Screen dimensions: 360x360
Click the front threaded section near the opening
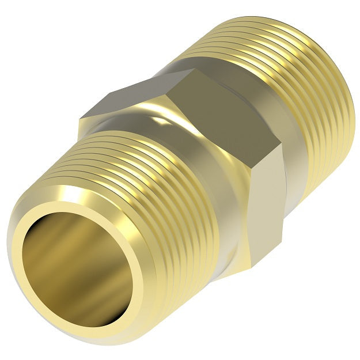click(x=144, y=190)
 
